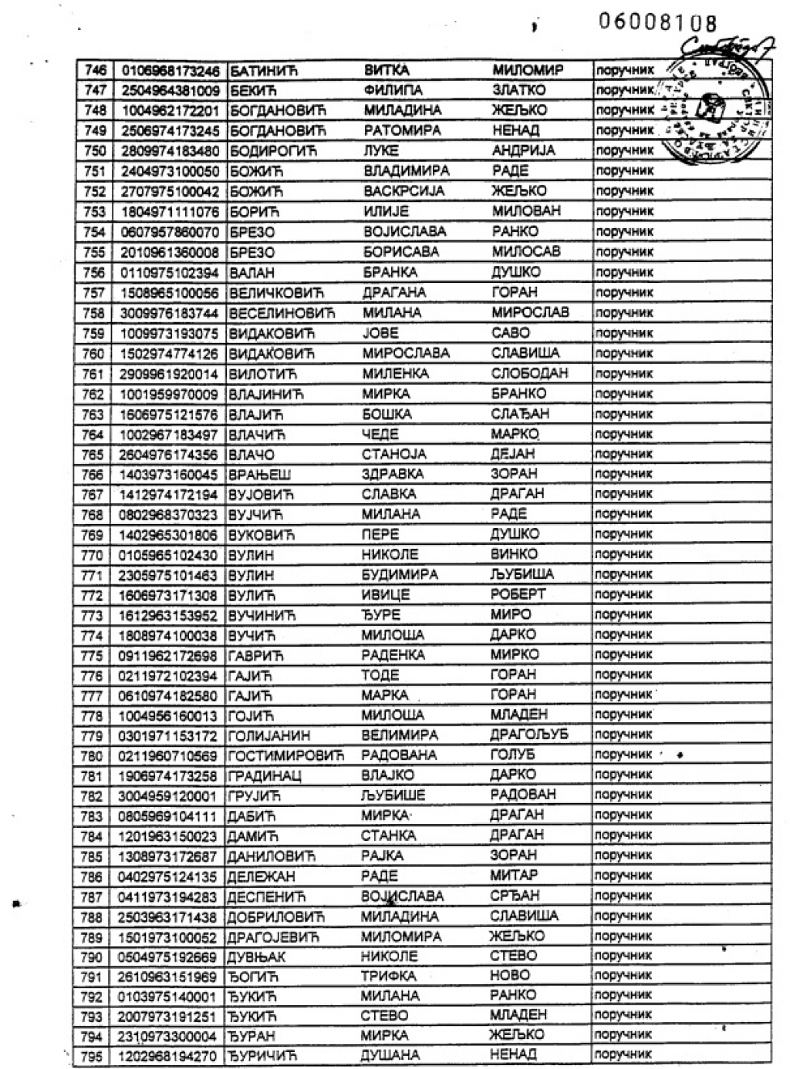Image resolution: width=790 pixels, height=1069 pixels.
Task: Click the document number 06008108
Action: [x=657, y=22]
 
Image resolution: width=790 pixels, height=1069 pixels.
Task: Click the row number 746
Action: [x=94, y=70]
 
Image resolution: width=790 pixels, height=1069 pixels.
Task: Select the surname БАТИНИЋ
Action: [x=263, y=71]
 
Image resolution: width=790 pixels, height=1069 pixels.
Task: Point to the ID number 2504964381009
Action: [x=170, y=91]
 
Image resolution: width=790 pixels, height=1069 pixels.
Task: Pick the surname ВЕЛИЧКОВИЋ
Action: [x=276, y=293]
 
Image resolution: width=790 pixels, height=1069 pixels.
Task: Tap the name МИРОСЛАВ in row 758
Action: [x=530, y=312]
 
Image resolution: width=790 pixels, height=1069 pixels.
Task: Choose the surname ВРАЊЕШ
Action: [x=259, y=475]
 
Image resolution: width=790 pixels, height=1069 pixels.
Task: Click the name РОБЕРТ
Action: [x=518, y=594]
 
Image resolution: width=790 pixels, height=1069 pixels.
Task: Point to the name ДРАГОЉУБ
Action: [x=528, y=735]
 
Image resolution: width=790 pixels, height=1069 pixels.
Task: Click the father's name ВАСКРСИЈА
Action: [x=403, y=191]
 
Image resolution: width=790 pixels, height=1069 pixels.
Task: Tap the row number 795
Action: [x=92, y=1056]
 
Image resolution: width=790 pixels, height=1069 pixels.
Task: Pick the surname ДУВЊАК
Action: [x=256, y=956]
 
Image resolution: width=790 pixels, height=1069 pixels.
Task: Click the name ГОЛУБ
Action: [x=512, y=755]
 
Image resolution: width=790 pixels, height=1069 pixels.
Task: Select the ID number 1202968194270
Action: [x=167, y=1056]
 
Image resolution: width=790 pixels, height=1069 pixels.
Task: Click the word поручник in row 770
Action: [x=623, y=554]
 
